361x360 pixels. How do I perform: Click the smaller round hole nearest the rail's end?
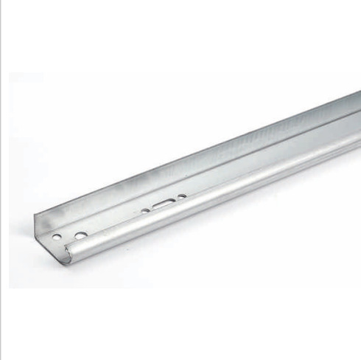pos(57,238)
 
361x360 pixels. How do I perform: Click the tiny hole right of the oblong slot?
pos(182,196)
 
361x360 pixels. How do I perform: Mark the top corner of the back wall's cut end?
pos(35,214)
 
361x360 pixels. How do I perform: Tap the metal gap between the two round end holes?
pos(68,237)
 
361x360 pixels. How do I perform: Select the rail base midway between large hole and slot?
pos(122,221)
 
